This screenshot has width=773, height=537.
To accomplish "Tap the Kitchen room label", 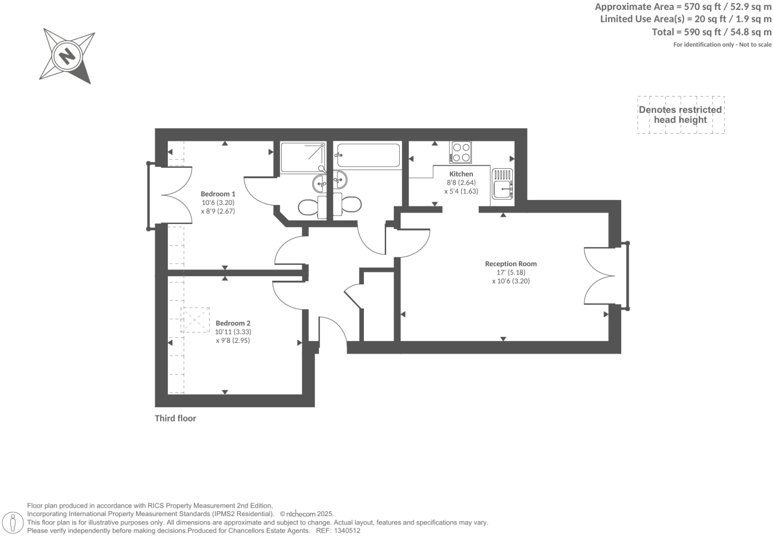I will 461,174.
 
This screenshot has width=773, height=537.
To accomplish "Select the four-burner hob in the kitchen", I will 460,152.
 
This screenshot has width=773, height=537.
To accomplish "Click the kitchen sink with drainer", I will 502,184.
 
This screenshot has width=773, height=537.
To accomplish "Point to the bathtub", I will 368,155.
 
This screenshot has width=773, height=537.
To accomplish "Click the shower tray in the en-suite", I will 303,158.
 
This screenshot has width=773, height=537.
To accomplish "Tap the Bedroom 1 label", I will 218,194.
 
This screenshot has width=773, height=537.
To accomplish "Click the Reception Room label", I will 511,264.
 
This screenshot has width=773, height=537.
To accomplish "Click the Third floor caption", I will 175,418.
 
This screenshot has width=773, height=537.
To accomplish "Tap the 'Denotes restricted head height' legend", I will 680,115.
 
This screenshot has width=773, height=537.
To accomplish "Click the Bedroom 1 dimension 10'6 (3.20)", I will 218,203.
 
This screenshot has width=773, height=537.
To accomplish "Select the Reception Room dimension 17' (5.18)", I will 511,272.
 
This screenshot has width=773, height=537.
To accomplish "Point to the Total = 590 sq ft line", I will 711,32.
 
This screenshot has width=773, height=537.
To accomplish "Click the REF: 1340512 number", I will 346,531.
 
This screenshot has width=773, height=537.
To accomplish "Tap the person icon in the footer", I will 13,523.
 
